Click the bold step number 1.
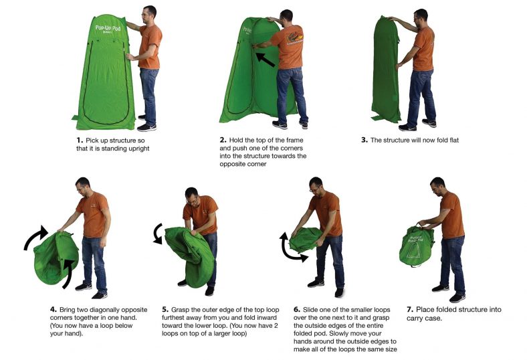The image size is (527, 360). click(80, 140)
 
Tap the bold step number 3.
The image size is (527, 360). click(364, 140)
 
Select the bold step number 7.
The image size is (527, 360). click(410, 310)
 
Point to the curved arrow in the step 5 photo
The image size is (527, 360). click(158, 234)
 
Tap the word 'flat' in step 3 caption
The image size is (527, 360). click(449, 140)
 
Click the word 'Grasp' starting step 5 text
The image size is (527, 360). click(182, 310)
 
